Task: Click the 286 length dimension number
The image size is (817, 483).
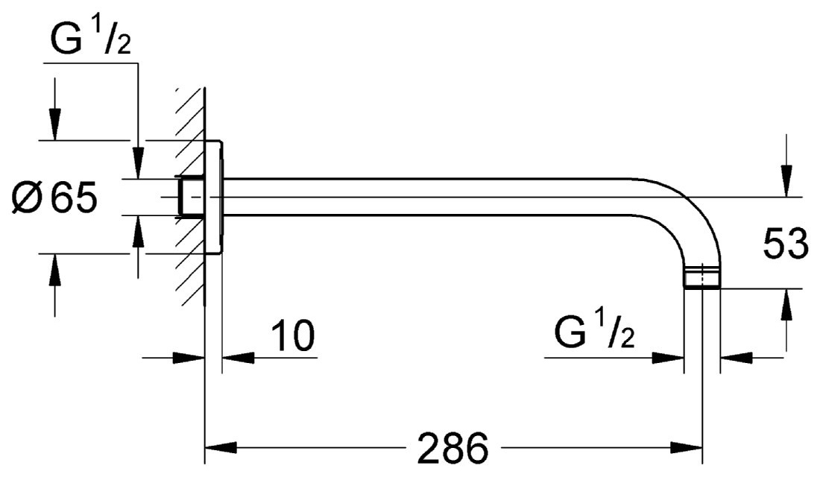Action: pos(452,448)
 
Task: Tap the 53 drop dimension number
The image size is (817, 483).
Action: pos(786,243)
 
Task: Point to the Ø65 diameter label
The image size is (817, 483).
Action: pos(54,198)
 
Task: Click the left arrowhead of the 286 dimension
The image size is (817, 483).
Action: pos(221,448)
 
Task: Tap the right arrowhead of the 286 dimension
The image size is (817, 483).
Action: pos(686,448)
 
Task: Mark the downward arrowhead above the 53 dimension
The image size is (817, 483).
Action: pos(786,181)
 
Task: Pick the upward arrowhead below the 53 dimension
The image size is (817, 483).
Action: pos(786,305)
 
